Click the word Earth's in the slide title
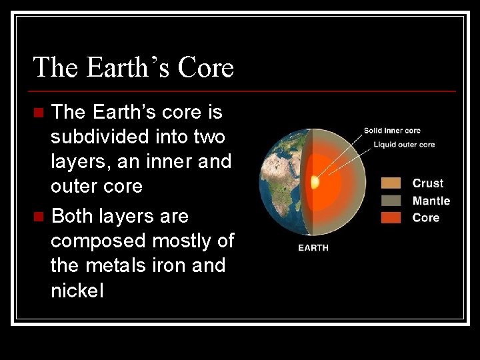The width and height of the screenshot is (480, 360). [x=127, y=67]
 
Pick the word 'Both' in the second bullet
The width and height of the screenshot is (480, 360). [x=73, y=217]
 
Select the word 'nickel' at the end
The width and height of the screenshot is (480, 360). [x=77, y=291]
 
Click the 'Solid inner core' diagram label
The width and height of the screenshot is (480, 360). [x=391, y=131]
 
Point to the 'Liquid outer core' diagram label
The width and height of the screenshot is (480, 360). [x=404, y=145]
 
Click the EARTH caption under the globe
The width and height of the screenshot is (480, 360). [x=313, y=248]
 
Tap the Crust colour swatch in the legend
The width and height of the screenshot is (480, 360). [x=391, y=183]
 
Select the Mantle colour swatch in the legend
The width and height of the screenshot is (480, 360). [x=391, y=201]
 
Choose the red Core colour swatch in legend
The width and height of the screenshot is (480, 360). [x=391, y=217]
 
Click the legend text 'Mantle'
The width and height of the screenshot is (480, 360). [x=431, y=201]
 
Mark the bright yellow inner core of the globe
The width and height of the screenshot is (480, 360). [x=315, y=181]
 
